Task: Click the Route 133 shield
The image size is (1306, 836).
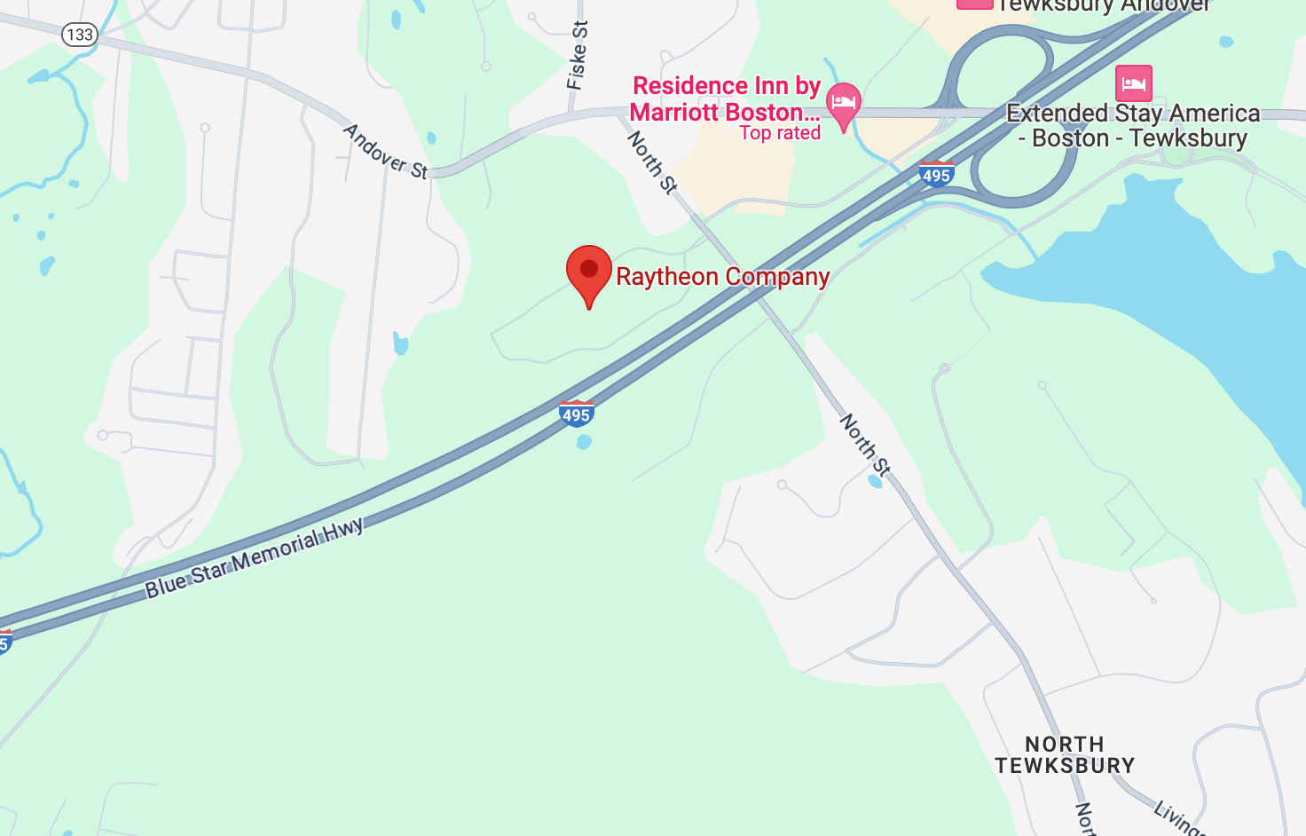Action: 79,35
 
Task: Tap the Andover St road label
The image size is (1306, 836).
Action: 385,152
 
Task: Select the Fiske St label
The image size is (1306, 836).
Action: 577,55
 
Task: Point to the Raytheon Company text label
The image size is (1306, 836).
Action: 722,277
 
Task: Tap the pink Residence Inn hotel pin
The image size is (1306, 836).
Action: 843,104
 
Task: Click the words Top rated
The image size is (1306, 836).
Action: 780,133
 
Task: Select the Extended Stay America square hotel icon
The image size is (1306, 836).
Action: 1133,83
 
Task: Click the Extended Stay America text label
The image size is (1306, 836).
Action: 1133,125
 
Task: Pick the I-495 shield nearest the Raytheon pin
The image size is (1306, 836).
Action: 576,414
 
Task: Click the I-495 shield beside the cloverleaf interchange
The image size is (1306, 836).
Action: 936,174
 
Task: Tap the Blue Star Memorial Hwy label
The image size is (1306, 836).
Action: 255,558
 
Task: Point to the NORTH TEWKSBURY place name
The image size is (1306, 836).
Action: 1065,754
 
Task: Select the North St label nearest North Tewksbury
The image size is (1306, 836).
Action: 865,445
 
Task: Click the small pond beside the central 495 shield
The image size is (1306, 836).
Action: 584,441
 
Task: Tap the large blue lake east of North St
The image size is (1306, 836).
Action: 1180,302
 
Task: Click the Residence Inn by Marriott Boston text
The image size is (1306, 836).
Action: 724,99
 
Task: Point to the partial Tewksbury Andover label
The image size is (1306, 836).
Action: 1104,6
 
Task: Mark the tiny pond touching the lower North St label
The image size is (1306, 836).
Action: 876,481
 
